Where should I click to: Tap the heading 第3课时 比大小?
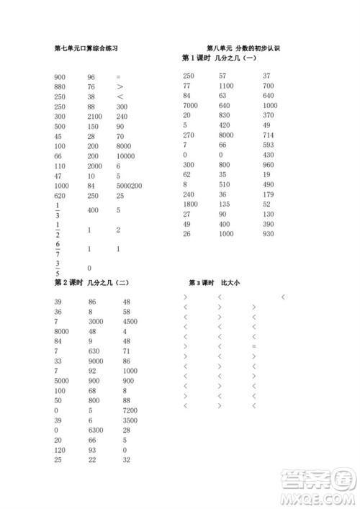click(214, 283)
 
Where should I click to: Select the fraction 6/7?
click(57, 249)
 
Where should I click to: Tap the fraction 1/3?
click(57, 210)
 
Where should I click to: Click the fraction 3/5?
click(57, 268)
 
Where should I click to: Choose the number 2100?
click(95, 116)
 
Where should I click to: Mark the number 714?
click(269, 135)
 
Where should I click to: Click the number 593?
click(269, 145)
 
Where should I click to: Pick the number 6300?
click(96, 430)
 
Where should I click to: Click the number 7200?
click(130, 410)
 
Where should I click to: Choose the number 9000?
click(96, 361)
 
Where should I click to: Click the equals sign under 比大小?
click(254, 347)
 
